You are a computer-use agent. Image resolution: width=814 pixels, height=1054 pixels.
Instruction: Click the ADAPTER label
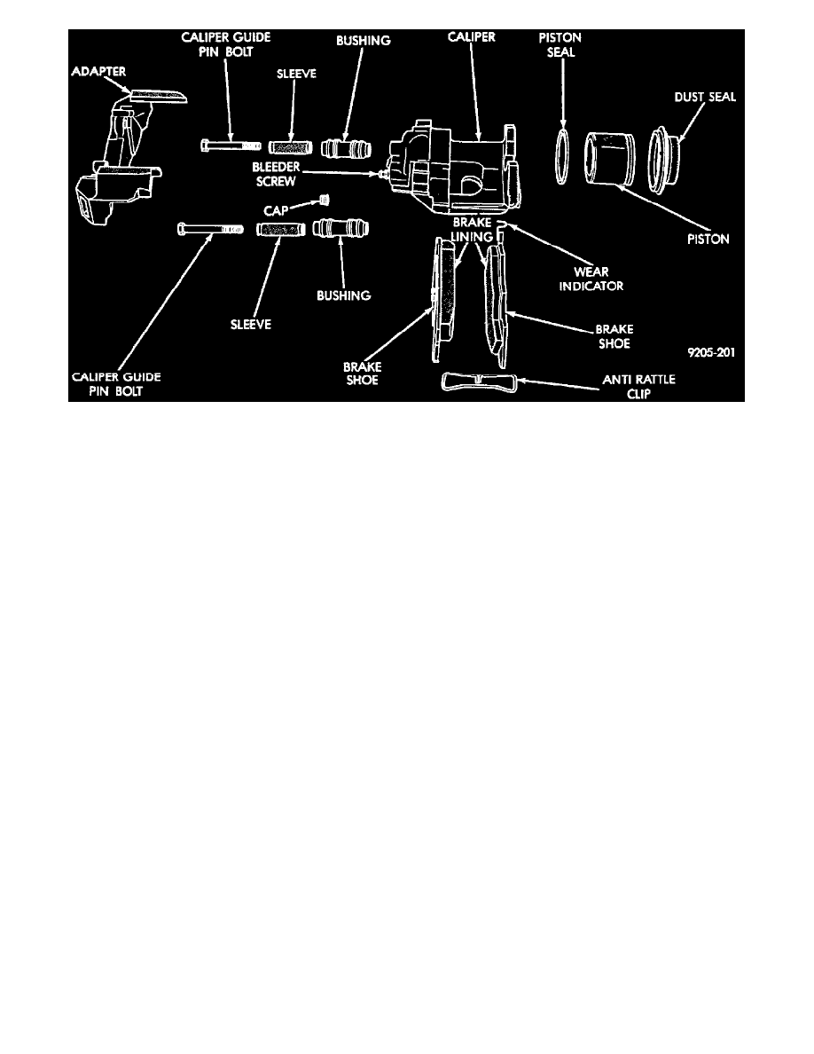[98, 71]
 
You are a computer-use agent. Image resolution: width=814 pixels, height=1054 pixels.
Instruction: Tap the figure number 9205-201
[711, 352]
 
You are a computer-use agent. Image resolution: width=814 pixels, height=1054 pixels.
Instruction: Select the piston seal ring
[563, 153]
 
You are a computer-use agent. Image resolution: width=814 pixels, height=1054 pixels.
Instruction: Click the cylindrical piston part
[609, 159]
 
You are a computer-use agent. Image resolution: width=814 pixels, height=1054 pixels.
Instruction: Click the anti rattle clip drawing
[479, 382]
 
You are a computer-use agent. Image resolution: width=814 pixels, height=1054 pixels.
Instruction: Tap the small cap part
[325, 200]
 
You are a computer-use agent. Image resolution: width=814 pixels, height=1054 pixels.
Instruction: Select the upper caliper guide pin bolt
[231, 145]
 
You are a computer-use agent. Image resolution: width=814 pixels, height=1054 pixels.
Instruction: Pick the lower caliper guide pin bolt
[210, 230]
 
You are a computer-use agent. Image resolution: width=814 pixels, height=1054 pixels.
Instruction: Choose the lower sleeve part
[280, 230]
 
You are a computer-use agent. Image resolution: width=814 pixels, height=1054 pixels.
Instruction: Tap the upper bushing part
[345, 148]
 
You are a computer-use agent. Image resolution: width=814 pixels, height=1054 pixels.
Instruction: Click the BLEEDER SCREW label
[276, 174]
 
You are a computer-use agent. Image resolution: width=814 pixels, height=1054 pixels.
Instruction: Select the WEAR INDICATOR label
[591, 279]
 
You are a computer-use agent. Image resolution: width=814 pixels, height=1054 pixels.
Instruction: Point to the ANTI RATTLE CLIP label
[638, 387]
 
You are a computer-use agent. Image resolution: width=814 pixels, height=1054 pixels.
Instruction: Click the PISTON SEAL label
[560, 44]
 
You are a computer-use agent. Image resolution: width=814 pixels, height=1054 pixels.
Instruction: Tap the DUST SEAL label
[705, 97]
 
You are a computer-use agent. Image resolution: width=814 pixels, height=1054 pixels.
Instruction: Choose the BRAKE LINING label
[472, 229]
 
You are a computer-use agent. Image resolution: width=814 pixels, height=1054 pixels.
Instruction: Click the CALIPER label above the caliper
[472, 36]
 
